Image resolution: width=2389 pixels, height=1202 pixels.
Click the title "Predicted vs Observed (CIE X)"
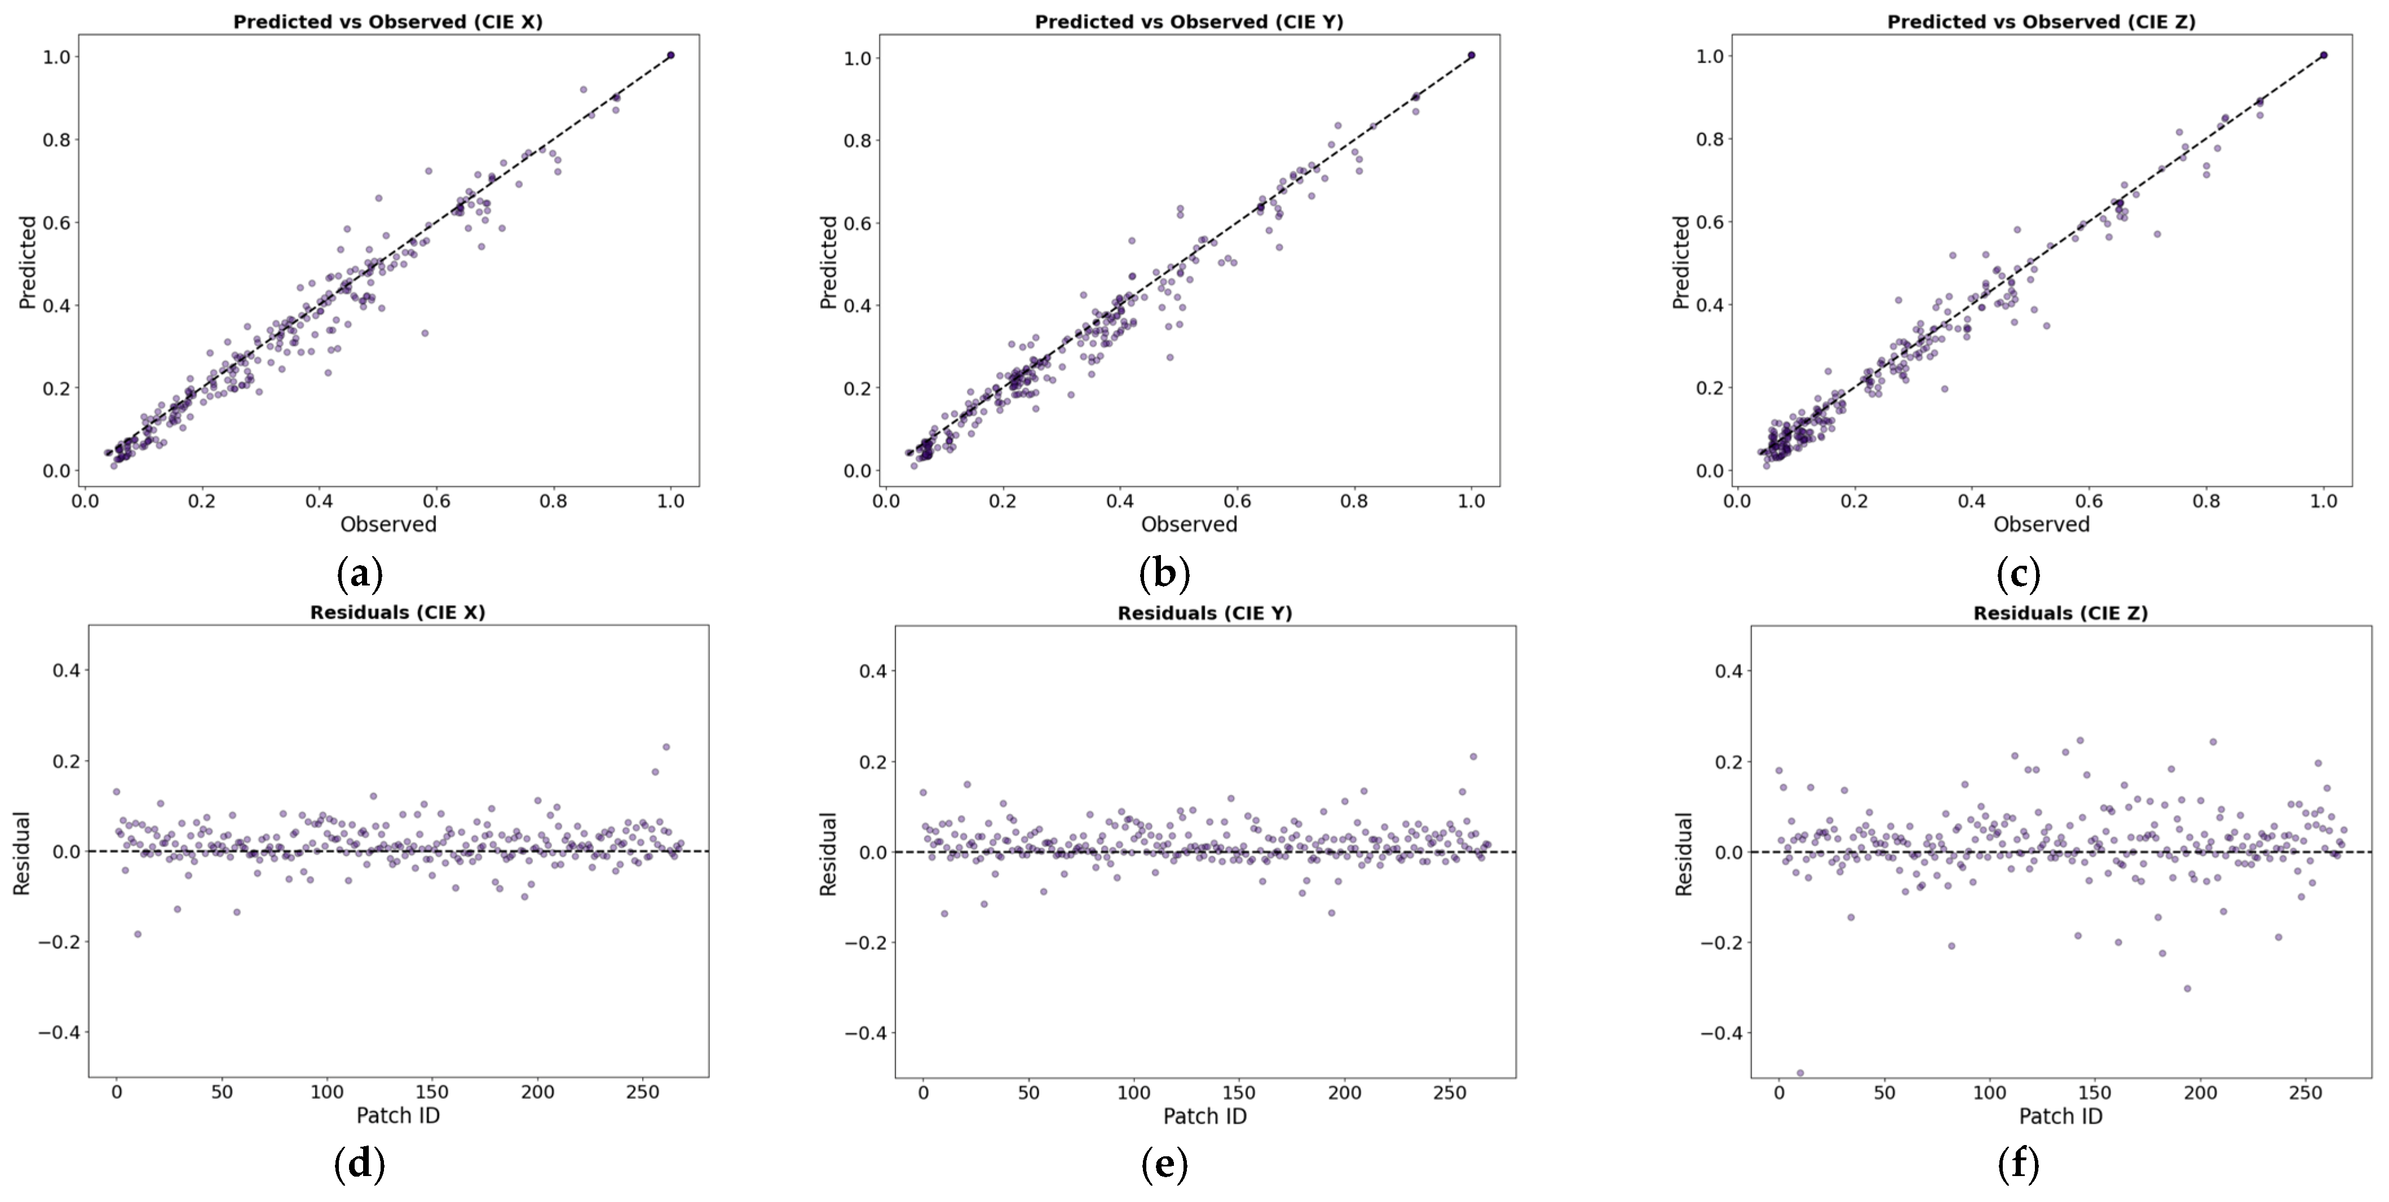[388, 21]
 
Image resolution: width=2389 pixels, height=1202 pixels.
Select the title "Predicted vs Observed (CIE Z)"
[2041, 21]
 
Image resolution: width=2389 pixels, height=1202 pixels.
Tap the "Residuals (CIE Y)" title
[1205, 613]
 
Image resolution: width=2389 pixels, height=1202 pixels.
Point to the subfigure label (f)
[2018, 1164]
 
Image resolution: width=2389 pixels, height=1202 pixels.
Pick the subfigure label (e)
[1164, 1164]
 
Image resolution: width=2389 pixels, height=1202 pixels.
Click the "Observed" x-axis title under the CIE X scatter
[388, 524]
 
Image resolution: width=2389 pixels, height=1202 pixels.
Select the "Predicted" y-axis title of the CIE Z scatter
[1680, 262]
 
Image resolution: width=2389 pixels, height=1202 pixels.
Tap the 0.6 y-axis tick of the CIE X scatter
[56, 223]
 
